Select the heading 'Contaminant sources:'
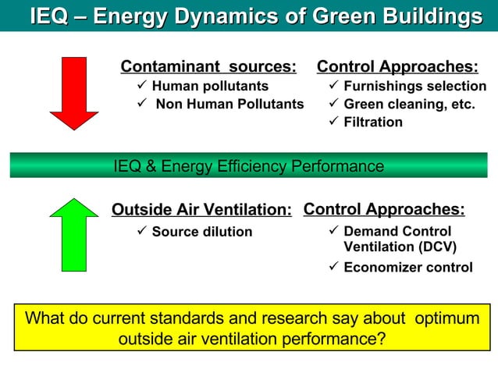tap(208, 66)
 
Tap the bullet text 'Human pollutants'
tap(210, 86)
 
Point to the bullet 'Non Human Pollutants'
tap(229, 104)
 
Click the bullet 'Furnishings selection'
tap(414, 86)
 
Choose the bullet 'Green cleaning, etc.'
tap(409, 104)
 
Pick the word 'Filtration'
tap(373, 122)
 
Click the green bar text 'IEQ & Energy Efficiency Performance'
tap(248, 165)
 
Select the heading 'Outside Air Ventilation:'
tap(201, 209)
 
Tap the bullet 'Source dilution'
tap(202, 232)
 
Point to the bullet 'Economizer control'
tap(408, 267)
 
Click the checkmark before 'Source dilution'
tap(141, 231)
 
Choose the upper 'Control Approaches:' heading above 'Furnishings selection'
tap(397, 66)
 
